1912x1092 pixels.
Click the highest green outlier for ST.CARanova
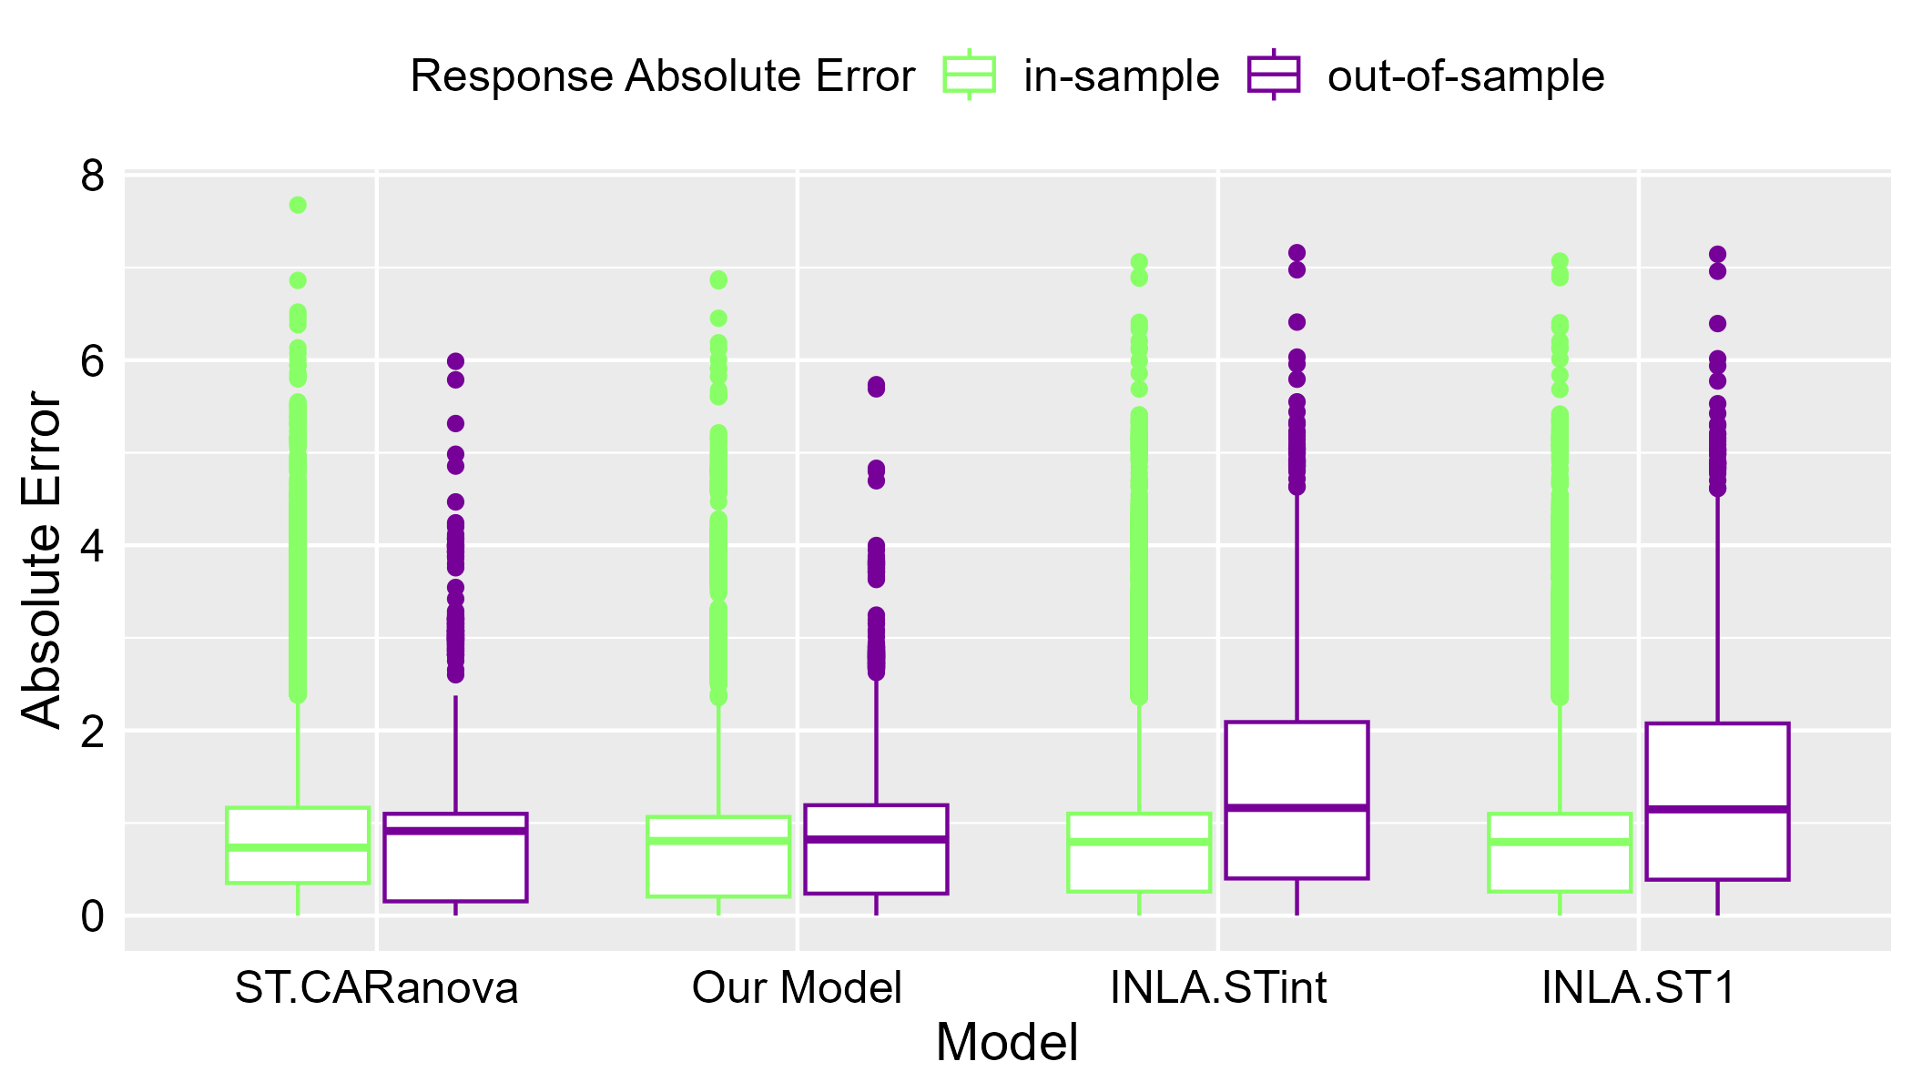[298, 205]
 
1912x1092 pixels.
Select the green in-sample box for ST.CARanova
[298, 844]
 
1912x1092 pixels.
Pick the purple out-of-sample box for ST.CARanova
[455, 857]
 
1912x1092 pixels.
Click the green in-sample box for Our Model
[718, 856]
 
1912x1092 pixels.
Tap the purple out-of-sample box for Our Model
[876, 849]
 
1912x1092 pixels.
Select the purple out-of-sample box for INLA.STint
[1297, 800]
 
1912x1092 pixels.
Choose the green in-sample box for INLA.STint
[1139, 852]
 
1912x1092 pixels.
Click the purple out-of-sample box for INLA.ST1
[1717, 801]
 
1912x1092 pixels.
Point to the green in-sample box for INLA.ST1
[1560, 852]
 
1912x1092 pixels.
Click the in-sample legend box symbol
[970, 75]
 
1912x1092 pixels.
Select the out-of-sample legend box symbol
[1273, 75]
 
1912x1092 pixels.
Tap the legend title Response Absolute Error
[662, 76]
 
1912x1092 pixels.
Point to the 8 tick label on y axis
[92, 176]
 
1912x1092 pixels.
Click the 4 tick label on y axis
[92, 545]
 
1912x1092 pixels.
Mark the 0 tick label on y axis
[92, 915]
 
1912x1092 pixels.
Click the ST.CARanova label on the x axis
[376, 987]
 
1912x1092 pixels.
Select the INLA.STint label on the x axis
[1218, 987]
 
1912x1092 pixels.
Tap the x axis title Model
[1006, 1043]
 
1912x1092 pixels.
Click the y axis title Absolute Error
[42, 560]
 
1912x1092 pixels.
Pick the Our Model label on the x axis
[797, 987]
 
